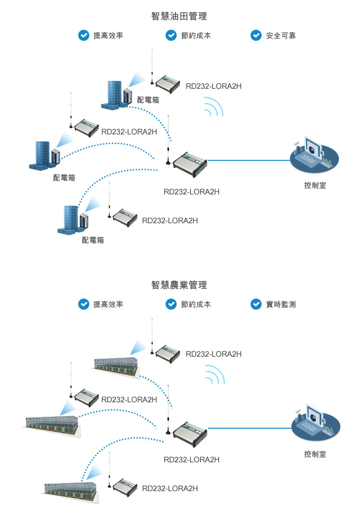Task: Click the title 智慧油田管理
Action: [179, 17]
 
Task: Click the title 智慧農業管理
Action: [179, 285]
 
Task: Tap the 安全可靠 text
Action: [281, 36]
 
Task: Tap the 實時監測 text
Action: [281, 304]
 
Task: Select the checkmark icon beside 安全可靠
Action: [256, 35]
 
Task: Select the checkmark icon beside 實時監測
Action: [256, 304]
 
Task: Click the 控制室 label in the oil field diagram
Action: [315, 185]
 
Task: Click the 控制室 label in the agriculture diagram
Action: [315, 454]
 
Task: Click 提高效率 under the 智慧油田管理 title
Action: [108, 36]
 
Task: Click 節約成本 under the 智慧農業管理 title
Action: [196, 304]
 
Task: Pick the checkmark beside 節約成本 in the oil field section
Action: [171, 35]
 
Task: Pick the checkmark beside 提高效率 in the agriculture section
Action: [84, 304]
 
